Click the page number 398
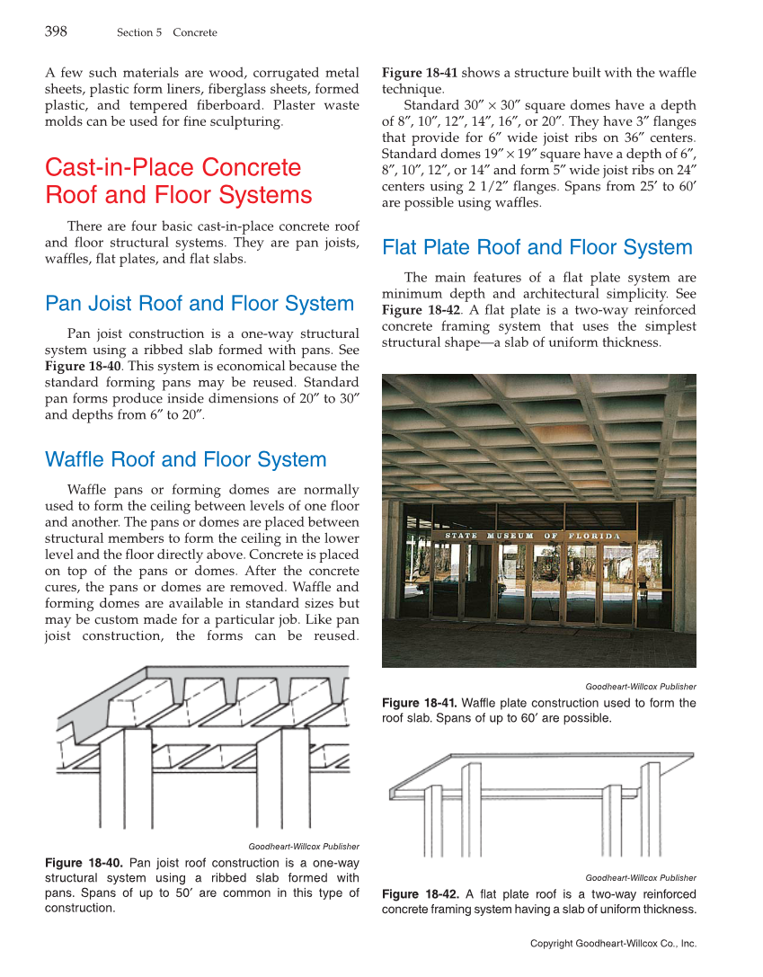click(56, 31)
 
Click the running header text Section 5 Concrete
click(166, 33)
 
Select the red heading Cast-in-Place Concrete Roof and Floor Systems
click(179, 181)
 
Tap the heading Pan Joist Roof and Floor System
click(199, 304)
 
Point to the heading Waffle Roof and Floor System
click(185, 459)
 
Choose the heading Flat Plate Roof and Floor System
click(537, 247)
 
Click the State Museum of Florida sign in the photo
click(533, 537)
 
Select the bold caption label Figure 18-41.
click(420, 703)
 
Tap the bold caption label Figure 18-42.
click(420, 893)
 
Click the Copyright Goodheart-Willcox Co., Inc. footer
click(613, 943)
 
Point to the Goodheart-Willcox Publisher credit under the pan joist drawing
click(303, 846)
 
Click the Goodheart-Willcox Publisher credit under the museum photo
click(640, 687)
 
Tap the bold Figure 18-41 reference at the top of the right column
click(420, 73)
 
